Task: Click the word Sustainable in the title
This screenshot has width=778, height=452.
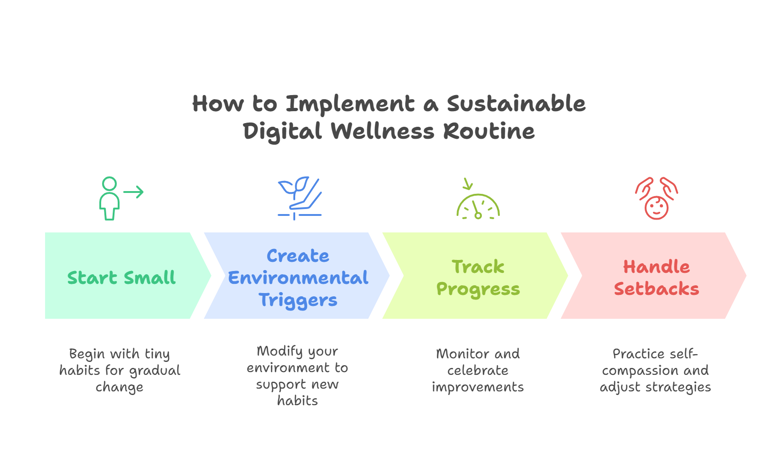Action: [x=516, y=104]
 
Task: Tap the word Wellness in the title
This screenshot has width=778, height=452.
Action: [x=383, y=131]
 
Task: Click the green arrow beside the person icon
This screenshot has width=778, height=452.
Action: [x=134, y=192]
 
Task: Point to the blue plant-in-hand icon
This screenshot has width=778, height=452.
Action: [x=299, y=198]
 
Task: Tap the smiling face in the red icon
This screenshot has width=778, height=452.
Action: [x=656, y=208]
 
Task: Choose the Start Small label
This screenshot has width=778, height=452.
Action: [x=121, y=278]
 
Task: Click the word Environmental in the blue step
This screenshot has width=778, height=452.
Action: [x=298, y=278]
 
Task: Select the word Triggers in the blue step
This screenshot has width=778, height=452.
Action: [x=298, y=300]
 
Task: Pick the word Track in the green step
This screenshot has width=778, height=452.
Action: [x=478, y=267]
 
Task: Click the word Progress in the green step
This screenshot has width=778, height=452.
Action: [x=478, y=289]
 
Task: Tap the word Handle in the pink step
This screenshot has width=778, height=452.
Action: [x=656, y=267]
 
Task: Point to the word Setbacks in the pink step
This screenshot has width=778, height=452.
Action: [x=656, y=289]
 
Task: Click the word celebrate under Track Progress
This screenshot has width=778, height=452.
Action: [x=478, y=371]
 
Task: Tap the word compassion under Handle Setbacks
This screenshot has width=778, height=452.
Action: [x=640, y=371]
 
